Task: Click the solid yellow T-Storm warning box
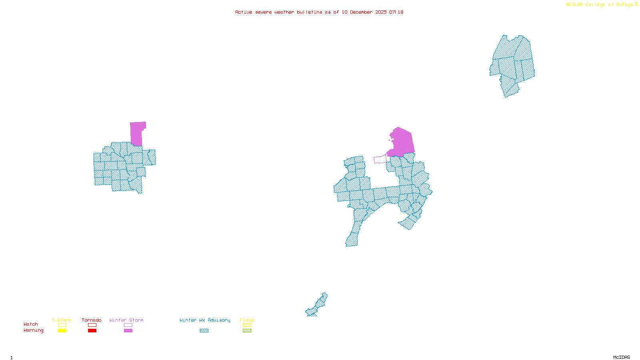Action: tap(62, 331)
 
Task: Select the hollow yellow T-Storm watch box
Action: tap(62, 325)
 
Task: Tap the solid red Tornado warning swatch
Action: tap(92, 331)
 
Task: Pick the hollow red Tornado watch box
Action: tap(92, 325)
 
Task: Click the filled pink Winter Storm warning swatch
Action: tap(128, 331)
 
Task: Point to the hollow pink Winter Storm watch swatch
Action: tap(128, 325)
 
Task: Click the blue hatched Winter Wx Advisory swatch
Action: tap(204, 331)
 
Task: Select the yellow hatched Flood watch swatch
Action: tap(247, 325)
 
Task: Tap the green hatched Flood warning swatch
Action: tap(247, 331)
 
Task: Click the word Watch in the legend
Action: tap(31, 324)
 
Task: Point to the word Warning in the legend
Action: tap(33, 330)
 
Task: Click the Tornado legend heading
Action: tap(92, 320)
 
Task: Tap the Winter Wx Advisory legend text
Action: tap(205, 320)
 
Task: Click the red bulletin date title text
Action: tap(319, 12)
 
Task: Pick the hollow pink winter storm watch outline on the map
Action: tap(380, 160)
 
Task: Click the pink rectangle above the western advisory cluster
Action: tap(137, 133)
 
